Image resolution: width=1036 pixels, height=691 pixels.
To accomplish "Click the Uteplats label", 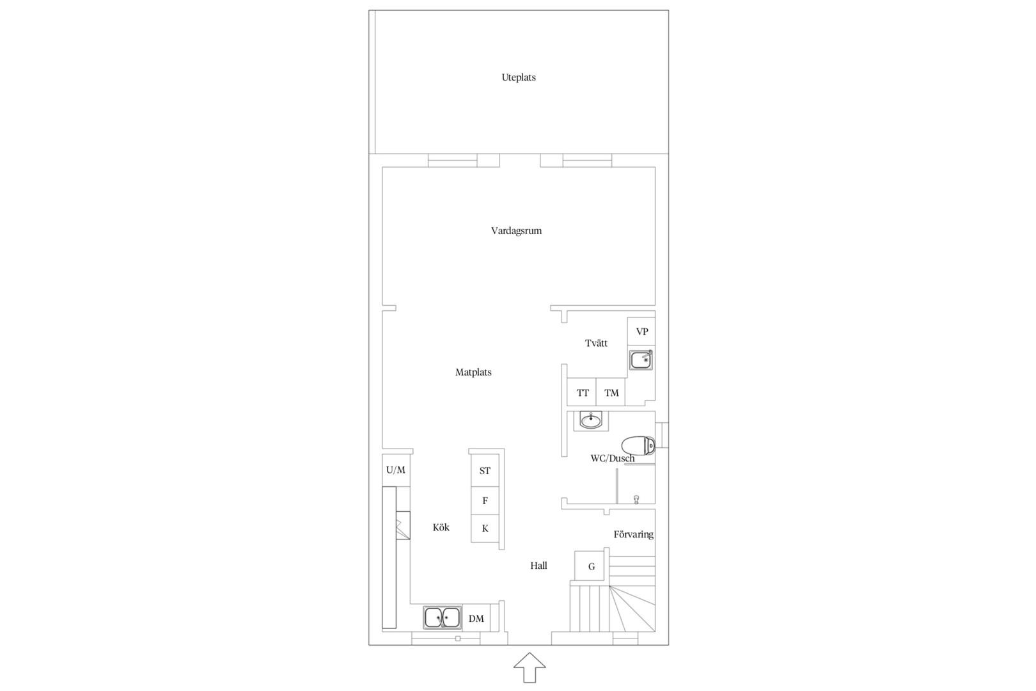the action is [x=519, y=77].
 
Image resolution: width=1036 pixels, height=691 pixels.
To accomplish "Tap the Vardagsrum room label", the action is [x=516, y=230].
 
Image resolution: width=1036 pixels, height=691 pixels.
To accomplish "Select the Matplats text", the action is [x=473, y=372].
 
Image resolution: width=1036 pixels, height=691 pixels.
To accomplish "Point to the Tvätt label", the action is [x=596, y=343].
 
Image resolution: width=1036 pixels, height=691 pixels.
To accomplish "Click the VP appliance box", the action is [x=641, y=331].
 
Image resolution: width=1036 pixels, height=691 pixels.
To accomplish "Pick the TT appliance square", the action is [x=582, y=392].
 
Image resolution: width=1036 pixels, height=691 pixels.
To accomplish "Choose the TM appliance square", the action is [x=611, y=392].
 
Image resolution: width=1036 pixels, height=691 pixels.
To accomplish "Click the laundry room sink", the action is [x=641, y=360].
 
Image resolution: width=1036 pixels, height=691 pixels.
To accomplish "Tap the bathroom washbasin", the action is [x=591, y=421].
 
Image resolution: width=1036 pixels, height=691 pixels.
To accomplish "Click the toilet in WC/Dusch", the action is [x=638, y=446].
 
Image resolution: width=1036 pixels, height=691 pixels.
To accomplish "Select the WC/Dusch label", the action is [x=613, y=458].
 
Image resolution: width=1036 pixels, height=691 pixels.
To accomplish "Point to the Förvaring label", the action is [x=634, y=534].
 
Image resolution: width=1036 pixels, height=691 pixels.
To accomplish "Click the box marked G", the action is [x=590, y=566].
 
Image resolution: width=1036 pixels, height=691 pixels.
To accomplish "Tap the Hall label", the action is [x=539, y=565].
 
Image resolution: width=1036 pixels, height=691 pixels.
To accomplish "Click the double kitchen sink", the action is [x=443, y=617].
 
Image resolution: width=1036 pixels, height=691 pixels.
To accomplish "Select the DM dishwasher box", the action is [x=476, y=618].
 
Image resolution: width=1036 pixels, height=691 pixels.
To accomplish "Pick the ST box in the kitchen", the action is [x=485, y=471].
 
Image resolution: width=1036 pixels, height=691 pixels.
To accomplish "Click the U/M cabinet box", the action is [x=396, y=470].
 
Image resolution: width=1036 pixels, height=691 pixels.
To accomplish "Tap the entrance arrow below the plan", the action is [x=530, y=667].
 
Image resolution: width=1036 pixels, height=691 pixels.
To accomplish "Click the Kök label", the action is [x=441, y=527].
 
